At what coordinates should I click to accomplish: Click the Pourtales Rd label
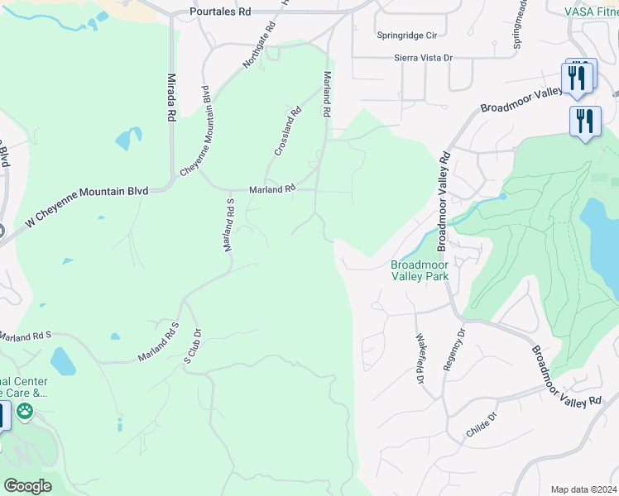[219, 12]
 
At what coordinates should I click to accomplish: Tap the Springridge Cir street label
[406, 36]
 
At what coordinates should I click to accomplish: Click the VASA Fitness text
[591, 12]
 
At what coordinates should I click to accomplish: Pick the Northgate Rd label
[257, 46]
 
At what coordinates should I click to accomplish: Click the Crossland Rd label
[289, 132]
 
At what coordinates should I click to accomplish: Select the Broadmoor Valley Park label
[420, 270]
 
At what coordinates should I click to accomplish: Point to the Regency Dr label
[455, 349]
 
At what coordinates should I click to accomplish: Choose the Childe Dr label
[482, 425]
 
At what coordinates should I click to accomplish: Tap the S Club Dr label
[193, 348]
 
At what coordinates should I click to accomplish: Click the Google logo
[26, 486]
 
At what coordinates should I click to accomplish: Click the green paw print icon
[26, 411]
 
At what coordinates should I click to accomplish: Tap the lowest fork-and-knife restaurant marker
[585, 121]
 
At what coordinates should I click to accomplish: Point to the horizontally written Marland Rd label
[273, 188]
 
